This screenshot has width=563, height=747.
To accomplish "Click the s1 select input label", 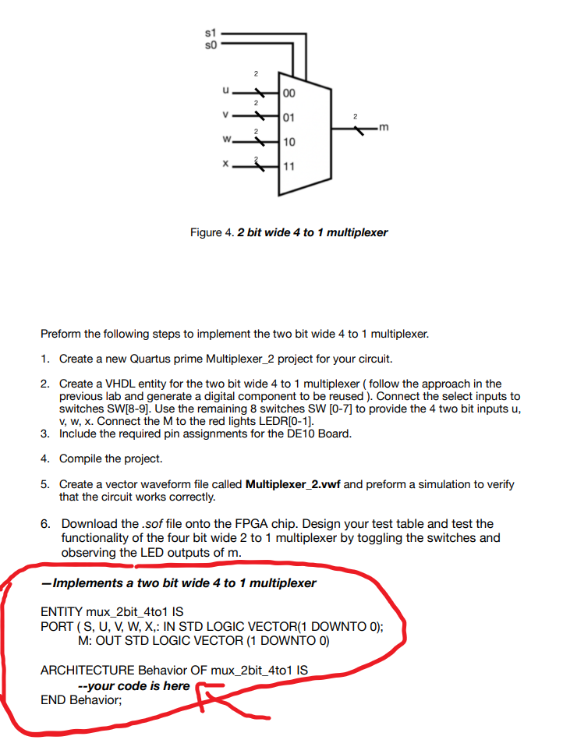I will tap(209, 34).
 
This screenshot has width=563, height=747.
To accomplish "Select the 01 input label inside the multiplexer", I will tap(289, 118).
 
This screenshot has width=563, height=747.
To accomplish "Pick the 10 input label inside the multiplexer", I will tap(289, 142).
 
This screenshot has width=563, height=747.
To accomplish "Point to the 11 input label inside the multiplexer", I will tap(289, 167).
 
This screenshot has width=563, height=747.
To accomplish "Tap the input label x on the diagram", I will tap(225, 165).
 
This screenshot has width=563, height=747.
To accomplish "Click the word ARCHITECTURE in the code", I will tap(87, 670).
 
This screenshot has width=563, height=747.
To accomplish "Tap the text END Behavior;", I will tap(81, 699).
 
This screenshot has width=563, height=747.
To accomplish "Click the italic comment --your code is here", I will tap(134, 685).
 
